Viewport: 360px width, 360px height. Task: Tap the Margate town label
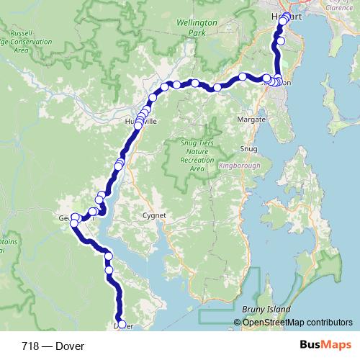pyautogui.click(x=253, y=119)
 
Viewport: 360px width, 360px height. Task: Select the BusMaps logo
pyautogui.click(x=325, y=346)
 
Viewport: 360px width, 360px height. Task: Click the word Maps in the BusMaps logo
pyautogui.click(x=336, y=346)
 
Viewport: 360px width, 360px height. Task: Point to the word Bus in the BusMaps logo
pyautogui.click(x=310, y=346)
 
